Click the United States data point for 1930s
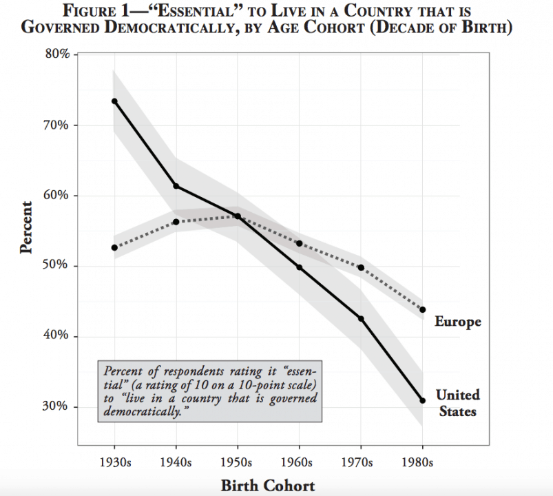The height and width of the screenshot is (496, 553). tap(114, 101)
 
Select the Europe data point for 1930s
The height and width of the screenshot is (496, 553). tap(114, 247)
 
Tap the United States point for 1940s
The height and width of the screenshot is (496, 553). tap(176, 186)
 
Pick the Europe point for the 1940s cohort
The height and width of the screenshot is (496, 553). tap(176, 222)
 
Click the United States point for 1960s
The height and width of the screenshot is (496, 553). tap(300, 267)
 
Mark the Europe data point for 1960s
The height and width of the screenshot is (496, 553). tap(300, 243)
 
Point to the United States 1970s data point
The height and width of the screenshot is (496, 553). tap(361, 318)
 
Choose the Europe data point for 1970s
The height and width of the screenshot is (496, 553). tap(361, 268)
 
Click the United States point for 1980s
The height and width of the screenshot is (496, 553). tap(423, 400)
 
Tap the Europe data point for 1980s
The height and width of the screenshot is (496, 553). tap(423, 310)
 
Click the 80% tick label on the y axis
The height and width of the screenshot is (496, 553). tap(56, 54)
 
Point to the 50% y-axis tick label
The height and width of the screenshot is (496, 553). tap(55, 265)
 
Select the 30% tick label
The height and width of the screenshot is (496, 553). tap(55, 406)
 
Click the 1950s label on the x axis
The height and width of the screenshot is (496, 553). tap(236, 462)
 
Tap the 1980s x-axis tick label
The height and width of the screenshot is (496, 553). tap(417, 462)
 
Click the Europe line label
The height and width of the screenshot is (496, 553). tap(458, 322)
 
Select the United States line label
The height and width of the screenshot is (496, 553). tap(458, 403)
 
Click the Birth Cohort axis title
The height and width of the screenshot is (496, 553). tap(268, 486)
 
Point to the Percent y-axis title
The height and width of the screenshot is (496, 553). tap(26, 227)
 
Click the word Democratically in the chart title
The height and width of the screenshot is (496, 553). tap(171, 28)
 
